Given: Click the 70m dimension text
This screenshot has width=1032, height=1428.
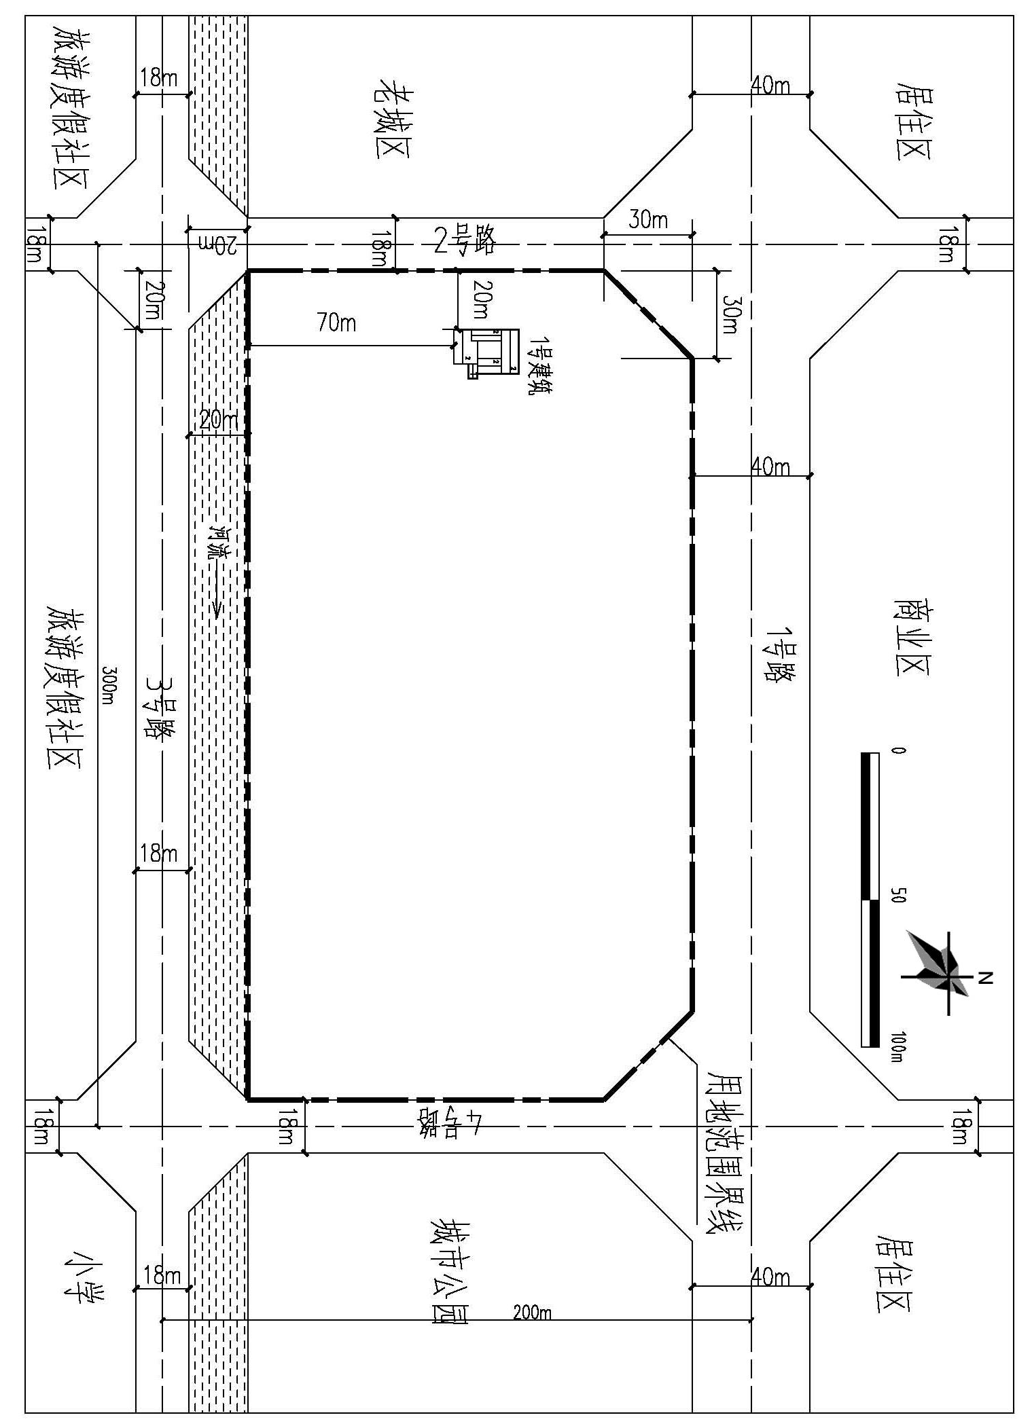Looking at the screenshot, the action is click(336, 323).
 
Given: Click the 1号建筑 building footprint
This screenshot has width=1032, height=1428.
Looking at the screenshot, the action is click(486, 352).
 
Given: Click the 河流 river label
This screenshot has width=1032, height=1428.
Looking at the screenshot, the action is click(219, 541).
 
